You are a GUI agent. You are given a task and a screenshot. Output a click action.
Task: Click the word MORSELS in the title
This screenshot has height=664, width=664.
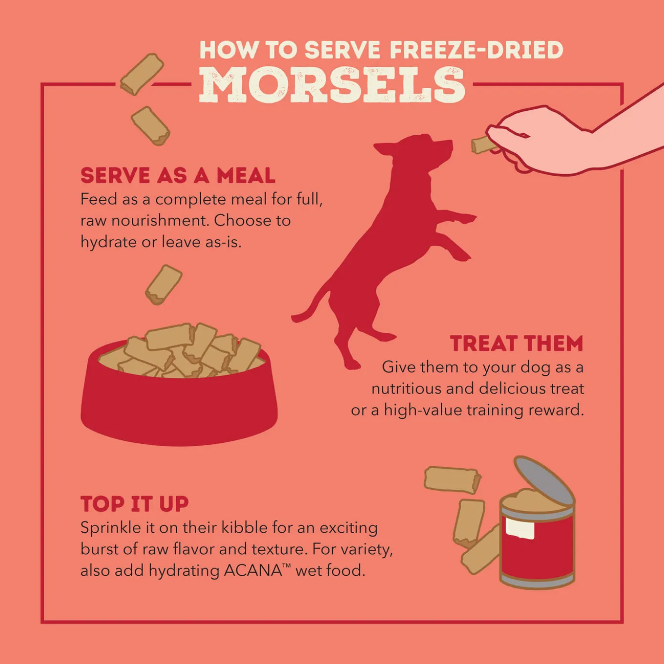click(332, 85)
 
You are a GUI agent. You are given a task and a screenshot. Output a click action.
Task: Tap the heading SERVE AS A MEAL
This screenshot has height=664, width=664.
click(178, 175)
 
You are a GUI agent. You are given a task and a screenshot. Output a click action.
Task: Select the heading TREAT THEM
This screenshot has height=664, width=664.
click(516, 343)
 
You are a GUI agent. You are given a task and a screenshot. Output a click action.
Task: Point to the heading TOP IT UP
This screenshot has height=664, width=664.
click(135, 504)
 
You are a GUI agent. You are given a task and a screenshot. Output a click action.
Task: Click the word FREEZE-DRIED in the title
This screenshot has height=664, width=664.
click(477, 50)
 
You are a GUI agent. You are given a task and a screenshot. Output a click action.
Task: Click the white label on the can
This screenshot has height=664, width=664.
click(519, 527)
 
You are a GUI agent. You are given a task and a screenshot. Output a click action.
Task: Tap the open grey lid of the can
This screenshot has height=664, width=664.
click(544, 482)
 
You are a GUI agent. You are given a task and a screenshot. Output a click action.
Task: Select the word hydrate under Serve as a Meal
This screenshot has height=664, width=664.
click(108, 242)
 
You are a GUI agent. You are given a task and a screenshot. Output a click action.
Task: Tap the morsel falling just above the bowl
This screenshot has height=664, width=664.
click(164, 285)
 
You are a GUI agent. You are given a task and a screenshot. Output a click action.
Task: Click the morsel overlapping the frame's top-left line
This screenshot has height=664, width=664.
click(142, 74)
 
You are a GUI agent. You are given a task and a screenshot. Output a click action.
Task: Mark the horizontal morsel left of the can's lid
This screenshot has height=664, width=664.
click(453, 479)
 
